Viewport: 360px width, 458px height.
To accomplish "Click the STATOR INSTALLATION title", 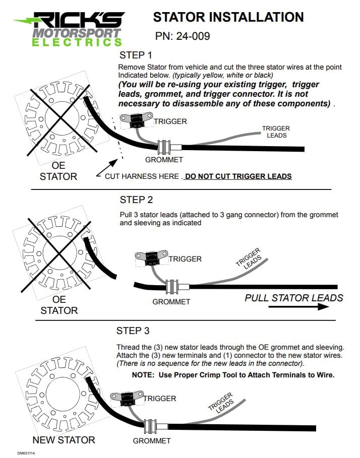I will coord(228,17).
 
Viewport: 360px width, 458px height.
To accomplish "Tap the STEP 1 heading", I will coord(136,55).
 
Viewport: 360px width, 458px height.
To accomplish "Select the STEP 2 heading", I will coord(136,200).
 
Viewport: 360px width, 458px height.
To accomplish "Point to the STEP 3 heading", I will coord(133,331).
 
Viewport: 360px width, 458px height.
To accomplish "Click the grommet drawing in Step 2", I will coord(172,287).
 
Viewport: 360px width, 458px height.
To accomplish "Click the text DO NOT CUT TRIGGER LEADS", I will coord(238,176).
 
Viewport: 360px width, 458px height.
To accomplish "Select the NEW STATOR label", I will coord(64,440).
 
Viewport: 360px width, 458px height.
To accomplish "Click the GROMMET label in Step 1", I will coord(164,160).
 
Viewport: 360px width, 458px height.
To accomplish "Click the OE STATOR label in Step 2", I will coord(59,305).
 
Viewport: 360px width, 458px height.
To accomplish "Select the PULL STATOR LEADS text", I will coord(294,298).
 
